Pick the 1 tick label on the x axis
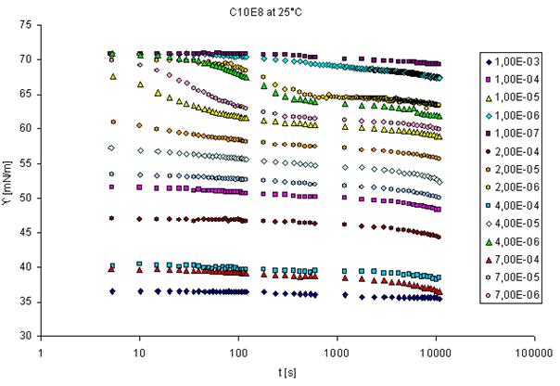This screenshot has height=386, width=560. coord(42,354)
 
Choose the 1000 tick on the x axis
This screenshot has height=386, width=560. coord(337,354)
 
